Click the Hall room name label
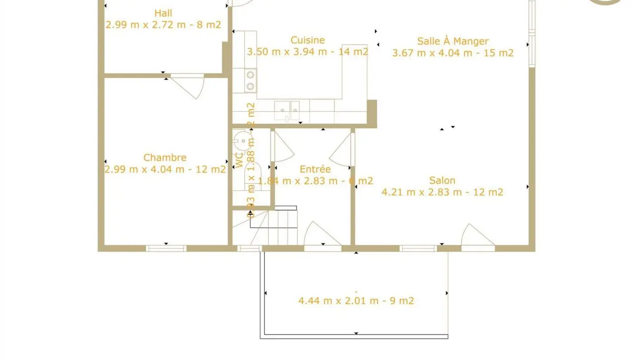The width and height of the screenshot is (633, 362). pyautogui.click(x=163, y=13)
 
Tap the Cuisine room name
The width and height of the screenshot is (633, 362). pyautogui.click(x=307, y=40)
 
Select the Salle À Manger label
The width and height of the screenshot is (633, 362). pyautogui.click(x=453, y=41)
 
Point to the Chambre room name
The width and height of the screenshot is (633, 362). pyautogui.click(x=165, y=157)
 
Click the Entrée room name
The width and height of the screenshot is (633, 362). pyautogui.click(x=315, y=169)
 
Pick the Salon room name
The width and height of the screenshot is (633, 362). pyautogui.click(x=442, y=181)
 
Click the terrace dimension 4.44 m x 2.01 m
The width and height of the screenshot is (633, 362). pyautogui.click(x=356, y=300)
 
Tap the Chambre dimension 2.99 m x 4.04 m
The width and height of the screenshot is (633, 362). pyautogui.click(x=165, y=169)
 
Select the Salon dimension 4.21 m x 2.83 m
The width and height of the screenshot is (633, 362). pyautogui.click(x=442, y=192)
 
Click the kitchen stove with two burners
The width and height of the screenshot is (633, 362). pyautogui.click(x=250, y=80)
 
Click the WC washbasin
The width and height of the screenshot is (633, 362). pyautogui.click(x=243, y=141)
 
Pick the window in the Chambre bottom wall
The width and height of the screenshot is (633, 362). pyautogui.click(x=166, y=248)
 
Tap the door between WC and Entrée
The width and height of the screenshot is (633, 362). pyautogui.click(x=282, y=147)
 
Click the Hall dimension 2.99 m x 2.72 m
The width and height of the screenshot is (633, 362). pyautogui.click(x=163, y=24)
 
